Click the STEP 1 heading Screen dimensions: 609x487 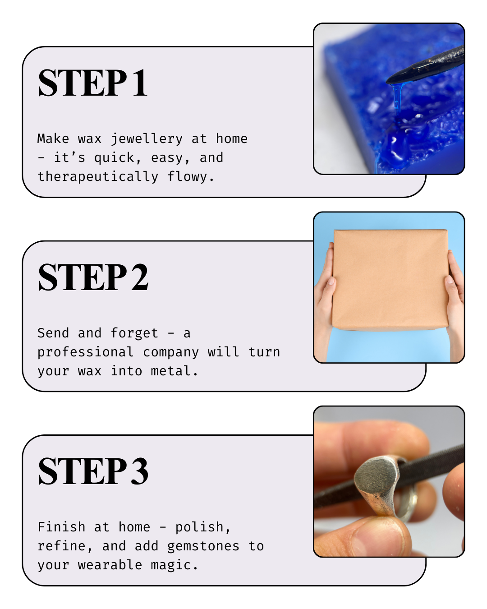92,83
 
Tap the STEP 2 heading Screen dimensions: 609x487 93,277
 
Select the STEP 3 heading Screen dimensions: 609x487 93,471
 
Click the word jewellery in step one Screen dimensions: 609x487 147,139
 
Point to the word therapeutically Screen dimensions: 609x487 98,177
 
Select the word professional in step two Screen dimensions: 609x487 85,352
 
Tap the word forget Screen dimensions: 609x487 134,333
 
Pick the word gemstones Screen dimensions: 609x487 203,546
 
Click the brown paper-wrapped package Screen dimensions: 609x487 390,280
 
